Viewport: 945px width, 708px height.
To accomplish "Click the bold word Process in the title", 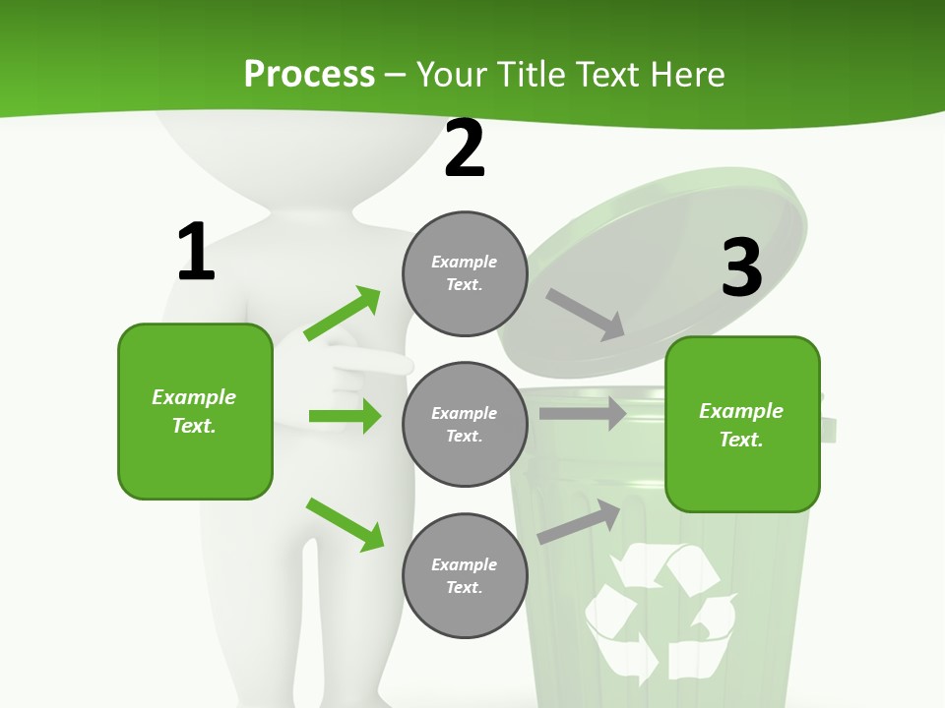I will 309,74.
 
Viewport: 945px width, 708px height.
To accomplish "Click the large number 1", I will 196,252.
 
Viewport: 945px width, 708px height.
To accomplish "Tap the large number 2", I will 465,148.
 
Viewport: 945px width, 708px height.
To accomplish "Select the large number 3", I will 741,267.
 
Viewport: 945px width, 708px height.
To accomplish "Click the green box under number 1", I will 195,411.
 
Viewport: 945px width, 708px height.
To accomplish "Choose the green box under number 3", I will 742,424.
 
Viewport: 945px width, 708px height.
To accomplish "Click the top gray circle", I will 465,273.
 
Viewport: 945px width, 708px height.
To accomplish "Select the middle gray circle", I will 465,424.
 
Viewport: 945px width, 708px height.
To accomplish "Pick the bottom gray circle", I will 465,575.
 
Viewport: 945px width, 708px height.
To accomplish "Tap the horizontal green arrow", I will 345,416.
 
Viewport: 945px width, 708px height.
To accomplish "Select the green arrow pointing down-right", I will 346,524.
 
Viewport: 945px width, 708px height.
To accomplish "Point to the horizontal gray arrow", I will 582,414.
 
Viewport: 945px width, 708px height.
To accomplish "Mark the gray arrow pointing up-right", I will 579,522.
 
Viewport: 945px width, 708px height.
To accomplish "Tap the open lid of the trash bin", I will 669,256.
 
